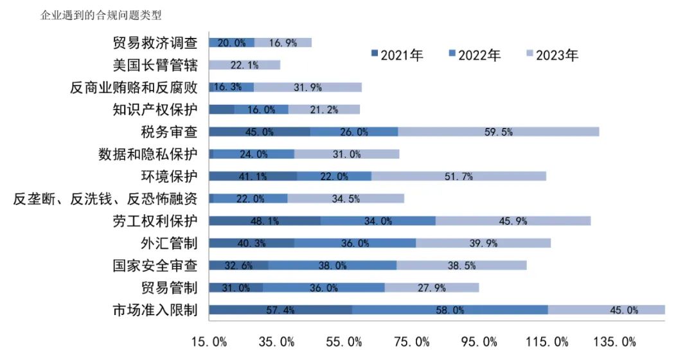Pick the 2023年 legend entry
(x=552, y=55)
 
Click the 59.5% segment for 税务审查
(x=499, y=132)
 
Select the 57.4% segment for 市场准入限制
(x=280, y=310)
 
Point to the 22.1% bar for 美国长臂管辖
(x=245, y=65)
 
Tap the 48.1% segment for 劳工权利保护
(x=265, y=221)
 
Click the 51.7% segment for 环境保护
(x=459, y=176)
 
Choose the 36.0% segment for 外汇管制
(x=355, y=243)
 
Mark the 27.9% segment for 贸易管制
(x=432, y=287)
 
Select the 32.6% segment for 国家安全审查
(x=238, y=265)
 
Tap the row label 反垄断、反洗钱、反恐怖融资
(x=105, y=199)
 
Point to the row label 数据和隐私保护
(x=148, y=154)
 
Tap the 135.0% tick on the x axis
(x=618, y=341)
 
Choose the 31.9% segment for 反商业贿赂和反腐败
(x=308, y=87)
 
